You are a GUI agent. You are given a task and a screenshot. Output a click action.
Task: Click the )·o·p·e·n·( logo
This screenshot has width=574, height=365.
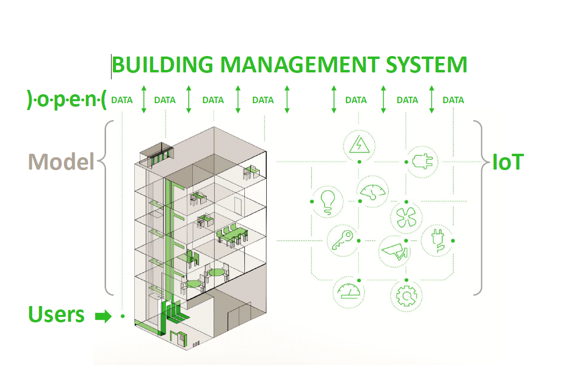(66, 100)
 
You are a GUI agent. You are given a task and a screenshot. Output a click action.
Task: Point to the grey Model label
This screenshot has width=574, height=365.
(61, 161)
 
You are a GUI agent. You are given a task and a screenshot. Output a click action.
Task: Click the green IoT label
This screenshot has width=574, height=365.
(508, 162)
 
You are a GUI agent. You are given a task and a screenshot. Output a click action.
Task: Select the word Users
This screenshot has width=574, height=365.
(56, 314)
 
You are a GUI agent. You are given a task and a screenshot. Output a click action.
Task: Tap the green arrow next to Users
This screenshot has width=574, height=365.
(103, 316)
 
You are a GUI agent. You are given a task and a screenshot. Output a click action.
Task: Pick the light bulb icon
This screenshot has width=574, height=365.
(327, 201)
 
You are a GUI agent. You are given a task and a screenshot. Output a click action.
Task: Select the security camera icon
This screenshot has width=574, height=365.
(395, 250)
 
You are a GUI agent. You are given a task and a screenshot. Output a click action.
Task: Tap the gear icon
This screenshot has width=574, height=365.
(406, 296)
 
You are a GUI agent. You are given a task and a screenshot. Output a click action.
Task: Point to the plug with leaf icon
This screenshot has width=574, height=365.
(437, 241)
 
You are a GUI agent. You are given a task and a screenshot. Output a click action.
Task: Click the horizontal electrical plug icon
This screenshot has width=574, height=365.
(422, 162)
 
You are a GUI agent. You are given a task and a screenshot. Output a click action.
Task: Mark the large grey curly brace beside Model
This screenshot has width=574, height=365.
(104, 208)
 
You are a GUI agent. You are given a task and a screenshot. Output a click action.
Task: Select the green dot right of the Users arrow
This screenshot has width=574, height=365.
(122, 316)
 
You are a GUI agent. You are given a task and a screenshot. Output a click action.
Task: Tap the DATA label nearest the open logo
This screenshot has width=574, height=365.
(122, 100)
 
